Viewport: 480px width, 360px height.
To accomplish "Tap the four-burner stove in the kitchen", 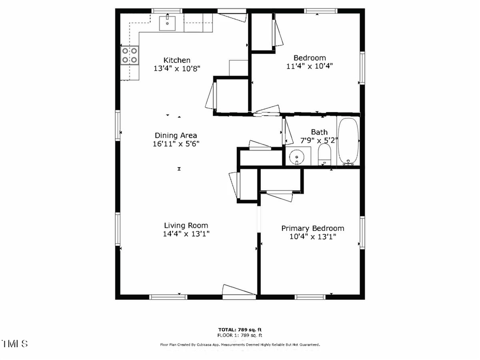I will pos(130,55).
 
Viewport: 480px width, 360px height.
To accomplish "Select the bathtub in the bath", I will pos(348,141).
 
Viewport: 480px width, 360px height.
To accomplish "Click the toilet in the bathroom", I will pos(324,156).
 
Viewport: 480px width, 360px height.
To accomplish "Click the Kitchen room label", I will pos(177,60).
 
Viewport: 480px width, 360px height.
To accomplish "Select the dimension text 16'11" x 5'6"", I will pos(176,143).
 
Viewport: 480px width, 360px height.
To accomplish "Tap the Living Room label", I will pos(186,226).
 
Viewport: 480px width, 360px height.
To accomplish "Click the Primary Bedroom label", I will pos(313,228).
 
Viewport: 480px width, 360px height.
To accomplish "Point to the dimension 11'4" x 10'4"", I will pos(310,66).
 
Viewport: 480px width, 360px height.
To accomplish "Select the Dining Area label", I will pos(176,135).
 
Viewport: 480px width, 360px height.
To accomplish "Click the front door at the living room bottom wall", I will pos(238,290).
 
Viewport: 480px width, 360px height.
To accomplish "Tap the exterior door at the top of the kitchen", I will pos(232,16).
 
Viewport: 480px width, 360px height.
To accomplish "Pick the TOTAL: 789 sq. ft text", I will pos(240,330).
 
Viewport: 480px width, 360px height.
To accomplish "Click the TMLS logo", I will pos(15,343).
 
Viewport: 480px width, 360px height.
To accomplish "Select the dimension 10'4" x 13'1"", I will pos(313,236).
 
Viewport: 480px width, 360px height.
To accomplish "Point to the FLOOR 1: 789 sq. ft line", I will pos(240,335).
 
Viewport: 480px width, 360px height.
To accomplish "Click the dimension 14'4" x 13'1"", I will pos(186,234).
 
